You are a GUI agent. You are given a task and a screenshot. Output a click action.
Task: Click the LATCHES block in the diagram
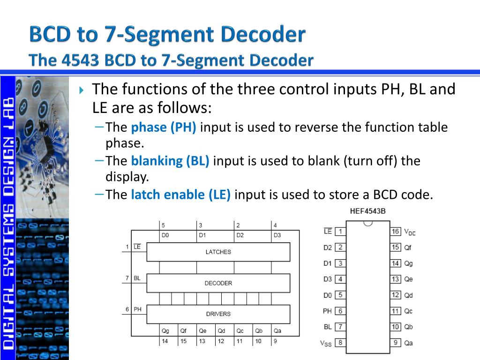coord(218,252)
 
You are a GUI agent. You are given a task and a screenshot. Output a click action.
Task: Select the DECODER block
coord(218,283)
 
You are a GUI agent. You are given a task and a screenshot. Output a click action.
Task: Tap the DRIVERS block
coord(218,314)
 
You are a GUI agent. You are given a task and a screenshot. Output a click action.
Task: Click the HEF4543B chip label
coord(368,211)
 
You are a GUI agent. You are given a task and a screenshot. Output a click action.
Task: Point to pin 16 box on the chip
coord(396,231)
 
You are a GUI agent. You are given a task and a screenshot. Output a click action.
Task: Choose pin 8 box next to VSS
coord(340,343)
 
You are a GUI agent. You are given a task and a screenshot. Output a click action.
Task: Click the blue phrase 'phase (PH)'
coord(164,127)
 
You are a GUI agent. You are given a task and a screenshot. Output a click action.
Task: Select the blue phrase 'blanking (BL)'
coord(170,161)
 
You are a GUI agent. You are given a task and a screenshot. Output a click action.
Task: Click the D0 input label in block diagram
coord(165,235)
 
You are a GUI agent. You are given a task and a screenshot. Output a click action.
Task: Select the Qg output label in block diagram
coord(165,330)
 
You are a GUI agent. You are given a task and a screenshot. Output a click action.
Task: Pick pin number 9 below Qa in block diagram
coord(276,341)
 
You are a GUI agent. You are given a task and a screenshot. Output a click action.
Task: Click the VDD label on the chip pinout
coord(410,232)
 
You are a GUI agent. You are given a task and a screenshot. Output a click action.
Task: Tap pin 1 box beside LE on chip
coord(340,231)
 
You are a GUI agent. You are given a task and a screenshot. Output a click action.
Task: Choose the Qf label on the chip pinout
coord(408,247)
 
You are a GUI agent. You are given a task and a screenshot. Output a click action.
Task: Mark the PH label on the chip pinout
coord(327,311)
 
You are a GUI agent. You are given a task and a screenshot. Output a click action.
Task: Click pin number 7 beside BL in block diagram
coord(127,278)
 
